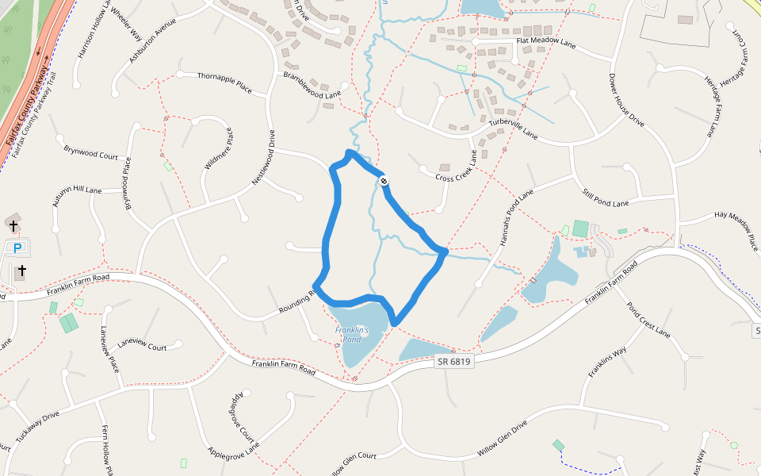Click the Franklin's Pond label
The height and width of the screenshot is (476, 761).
(348, 334)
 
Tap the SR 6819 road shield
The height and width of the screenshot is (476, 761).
(453, 362)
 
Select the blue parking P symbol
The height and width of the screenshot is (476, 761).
(17, 248)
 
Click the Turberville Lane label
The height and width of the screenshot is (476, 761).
(513, 129)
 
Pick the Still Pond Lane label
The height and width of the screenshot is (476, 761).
(605, 199)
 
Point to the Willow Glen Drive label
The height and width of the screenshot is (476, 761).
(502, 440)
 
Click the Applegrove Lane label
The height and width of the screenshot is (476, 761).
(233, 451)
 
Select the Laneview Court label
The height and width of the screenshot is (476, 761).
(142, 347)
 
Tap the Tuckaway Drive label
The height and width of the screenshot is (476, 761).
(37, 427)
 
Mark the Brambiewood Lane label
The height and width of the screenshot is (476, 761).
(312, 85)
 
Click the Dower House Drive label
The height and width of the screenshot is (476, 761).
(626, 101)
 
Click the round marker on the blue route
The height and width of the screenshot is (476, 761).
(383, 182)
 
